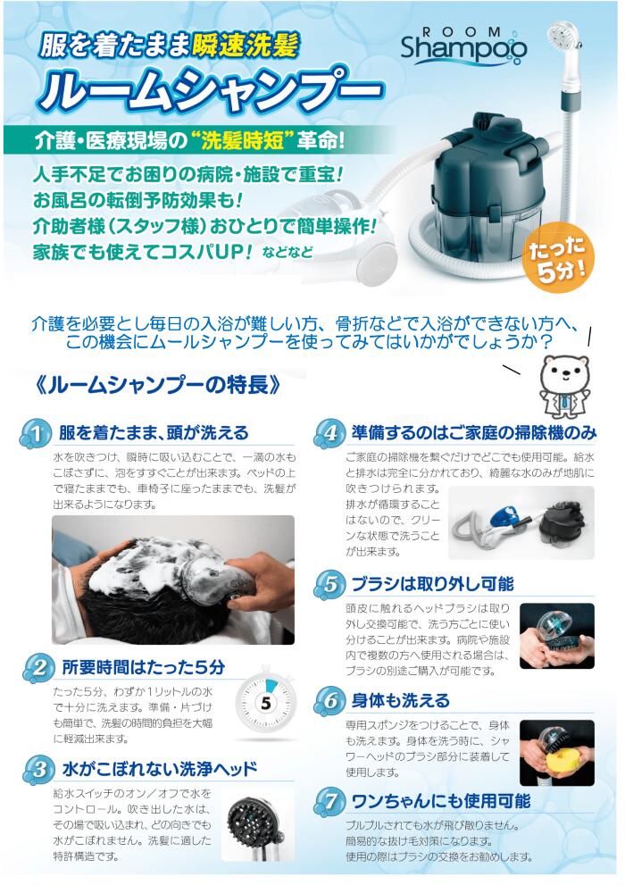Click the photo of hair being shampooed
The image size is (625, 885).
tap(172, 580)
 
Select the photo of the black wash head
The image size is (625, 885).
tap(257, 823)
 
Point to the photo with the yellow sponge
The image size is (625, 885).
tap(556, 749)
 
